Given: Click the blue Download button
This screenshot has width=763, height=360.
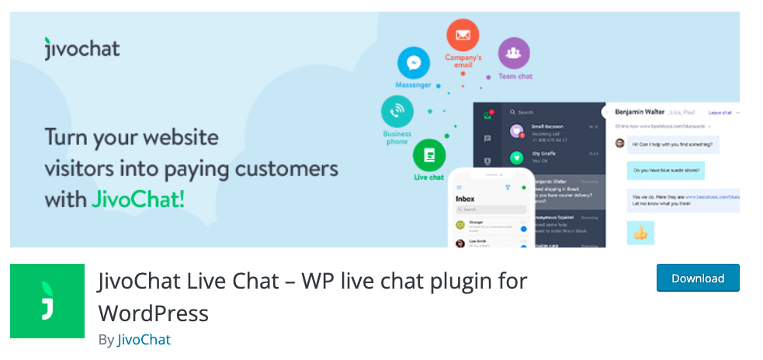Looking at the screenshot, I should tap(697, 278).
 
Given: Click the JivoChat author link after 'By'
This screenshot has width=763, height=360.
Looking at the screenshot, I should tap(144, 339).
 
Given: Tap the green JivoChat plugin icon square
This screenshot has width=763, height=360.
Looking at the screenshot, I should tap(47, 301).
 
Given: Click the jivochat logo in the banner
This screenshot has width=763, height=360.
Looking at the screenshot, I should tap(82, 49).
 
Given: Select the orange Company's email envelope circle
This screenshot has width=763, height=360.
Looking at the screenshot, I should tap(463, 35).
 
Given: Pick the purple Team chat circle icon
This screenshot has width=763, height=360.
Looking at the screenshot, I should tap(514, 54).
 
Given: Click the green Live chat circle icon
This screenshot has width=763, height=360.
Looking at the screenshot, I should tap(428, 154).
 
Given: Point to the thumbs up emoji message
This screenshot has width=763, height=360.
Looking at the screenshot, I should tap(640, 233).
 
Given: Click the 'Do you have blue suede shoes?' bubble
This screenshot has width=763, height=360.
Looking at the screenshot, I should tap(665, 170).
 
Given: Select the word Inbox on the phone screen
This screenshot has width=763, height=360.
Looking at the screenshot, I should tap(465, 199).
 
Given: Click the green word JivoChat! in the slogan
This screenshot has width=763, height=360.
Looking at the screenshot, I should tap(138, 199).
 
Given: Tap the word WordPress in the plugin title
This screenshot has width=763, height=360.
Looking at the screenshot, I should tap(153, 313).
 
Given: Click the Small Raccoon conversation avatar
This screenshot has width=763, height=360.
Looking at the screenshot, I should tap(515, 132).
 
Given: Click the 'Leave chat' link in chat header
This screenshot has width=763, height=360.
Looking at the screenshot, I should tap(720, 113).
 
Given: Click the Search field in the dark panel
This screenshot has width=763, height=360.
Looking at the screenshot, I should tap(543, 112).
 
